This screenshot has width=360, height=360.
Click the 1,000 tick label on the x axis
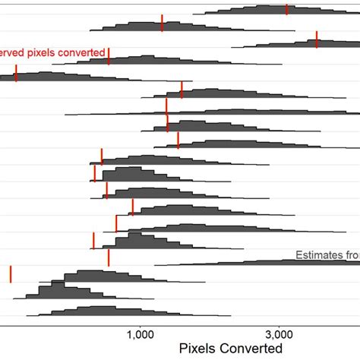(141, 335)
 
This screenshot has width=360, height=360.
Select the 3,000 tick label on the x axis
(279, 335)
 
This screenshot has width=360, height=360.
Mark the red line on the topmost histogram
(286, 9)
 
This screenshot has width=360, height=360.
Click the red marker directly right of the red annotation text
(109, 55)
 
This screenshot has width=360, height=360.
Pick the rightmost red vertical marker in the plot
(317, 39)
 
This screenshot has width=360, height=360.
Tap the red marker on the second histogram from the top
(162, 23)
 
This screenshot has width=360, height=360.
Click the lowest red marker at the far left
(11, 273)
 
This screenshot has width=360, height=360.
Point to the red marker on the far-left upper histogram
(16, 73)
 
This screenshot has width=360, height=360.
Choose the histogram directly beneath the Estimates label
(251, 263)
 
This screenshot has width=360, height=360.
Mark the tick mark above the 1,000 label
(141, 324)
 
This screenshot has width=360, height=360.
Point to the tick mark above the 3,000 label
(279, 324)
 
